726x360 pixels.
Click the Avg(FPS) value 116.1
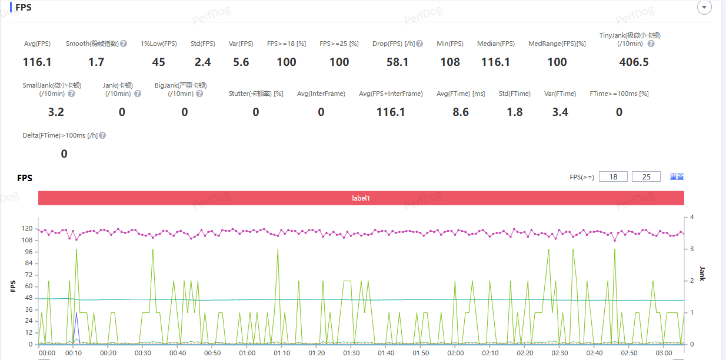coord(37,62)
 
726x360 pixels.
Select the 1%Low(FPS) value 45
coord(158,62)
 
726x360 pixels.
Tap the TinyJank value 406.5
coord(634,62)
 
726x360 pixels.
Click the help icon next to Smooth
coord(124,44)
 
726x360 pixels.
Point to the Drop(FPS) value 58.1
coord(398,62)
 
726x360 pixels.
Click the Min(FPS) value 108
coord(450,62)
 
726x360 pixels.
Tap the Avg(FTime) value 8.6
coord(461,112)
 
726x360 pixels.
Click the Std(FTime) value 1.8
coord(515,112)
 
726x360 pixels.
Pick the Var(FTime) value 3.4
coord(560,112)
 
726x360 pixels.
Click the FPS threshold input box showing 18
coord(613,176)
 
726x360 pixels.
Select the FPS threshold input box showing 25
coord(646,176)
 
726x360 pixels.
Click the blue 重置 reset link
coord(677,176)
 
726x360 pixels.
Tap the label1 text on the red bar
coord(361,198)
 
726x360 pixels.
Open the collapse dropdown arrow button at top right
coord(704,7)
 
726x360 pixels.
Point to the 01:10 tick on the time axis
coord(282,353)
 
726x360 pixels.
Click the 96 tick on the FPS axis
coord(27,252)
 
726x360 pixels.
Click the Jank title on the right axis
coord(702,273)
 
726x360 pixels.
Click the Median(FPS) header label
coord(496,44)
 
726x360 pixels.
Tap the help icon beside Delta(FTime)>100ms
coord(102,135)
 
